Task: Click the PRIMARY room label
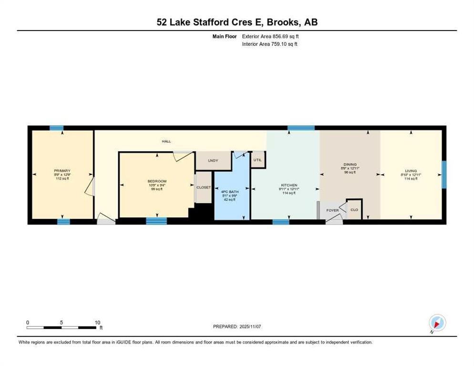tap(62, 171)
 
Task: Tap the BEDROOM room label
tap(156, 181)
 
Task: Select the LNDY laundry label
tap(213, 161)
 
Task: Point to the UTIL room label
tap(258, 160)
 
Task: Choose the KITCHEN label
tap(289, 185)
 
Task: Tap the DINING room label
tap(350, 164)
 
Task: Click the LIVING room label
tap(411, 171)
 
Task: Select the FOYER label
tap(332, 210)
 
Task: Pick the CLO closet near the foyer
tap(354, 210)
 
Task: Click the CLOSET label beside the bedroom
tap(204, 187)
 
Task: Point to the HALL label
tap(166, 141)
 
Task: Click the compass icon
tap(437, 323)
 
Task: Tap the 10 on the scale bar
tap(97, 322)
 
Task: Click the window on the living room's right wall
tap(443, 174)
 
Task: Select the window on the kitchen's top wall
tap(301, 128)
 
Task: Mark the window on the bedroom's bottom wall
tap(156, 221)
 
